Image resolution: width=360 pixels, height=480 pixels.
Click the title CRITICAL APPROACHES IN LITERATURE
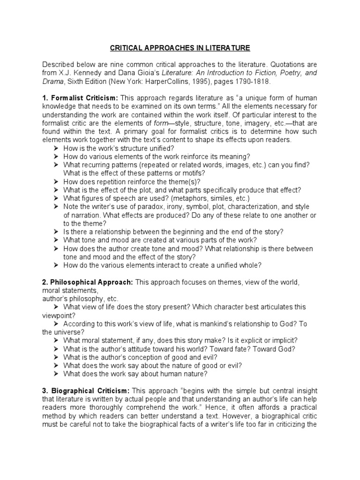pos(180,48)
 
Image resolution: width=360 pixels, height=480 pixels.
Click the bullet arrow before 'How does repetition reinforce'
pos(55,182)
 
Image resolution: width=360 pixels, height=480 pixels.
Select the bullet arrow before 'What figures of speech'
pos(55,199)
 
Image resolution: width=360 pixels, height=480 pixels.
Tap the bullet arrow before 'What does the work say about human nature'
pos(55,374)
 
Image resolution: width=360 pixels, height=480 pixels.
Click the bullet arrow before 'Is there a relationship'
pos(55,232)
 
